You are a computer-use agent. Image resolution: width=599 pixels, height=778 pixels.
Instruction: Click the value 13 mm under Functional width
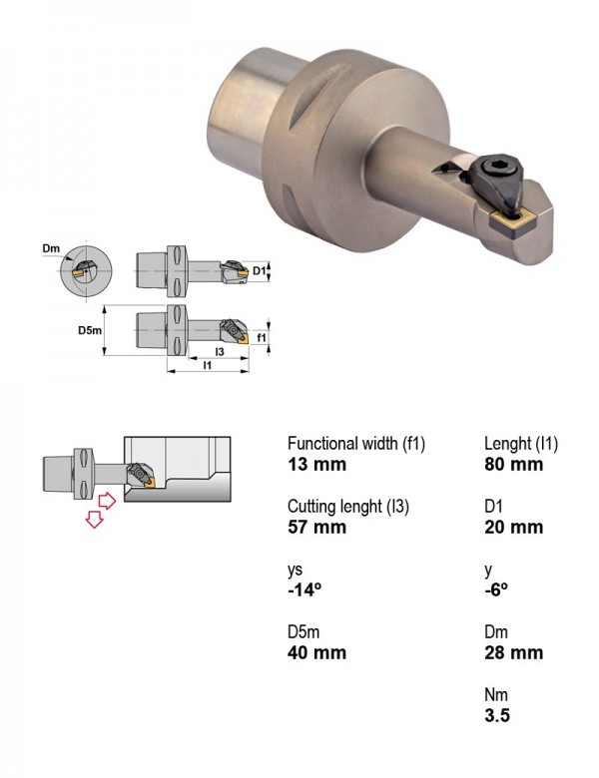point(316,465)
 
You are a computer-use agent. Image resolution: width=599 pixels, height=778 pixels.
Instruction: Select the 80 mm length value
point(513,465)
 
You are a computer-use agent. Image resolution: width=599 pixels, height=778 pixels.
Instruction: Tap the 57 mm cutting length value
point(316,527)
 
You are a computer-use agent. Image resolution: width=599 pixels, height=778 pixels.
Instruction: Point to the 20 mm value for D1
point(513,527)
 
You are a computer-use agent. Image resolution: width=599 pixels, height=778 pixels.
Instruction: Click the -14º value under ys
point(303,589)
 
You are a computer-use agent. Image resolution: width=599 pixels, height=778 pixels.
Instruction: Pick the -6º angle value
point(496,589)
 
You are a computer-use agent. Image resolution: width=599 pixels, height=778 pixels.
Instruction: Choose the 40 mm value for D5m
point(316,652)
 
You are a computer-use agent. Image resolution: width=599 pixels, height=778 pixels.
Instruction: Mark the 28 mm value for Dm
point(513,652)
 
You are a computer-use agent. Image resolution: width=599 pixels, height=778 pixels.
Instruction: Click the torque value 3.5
point(497,715)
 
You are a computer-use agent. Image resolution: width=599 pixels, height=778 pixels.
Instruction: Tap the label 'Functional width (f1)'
point(356,443)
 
